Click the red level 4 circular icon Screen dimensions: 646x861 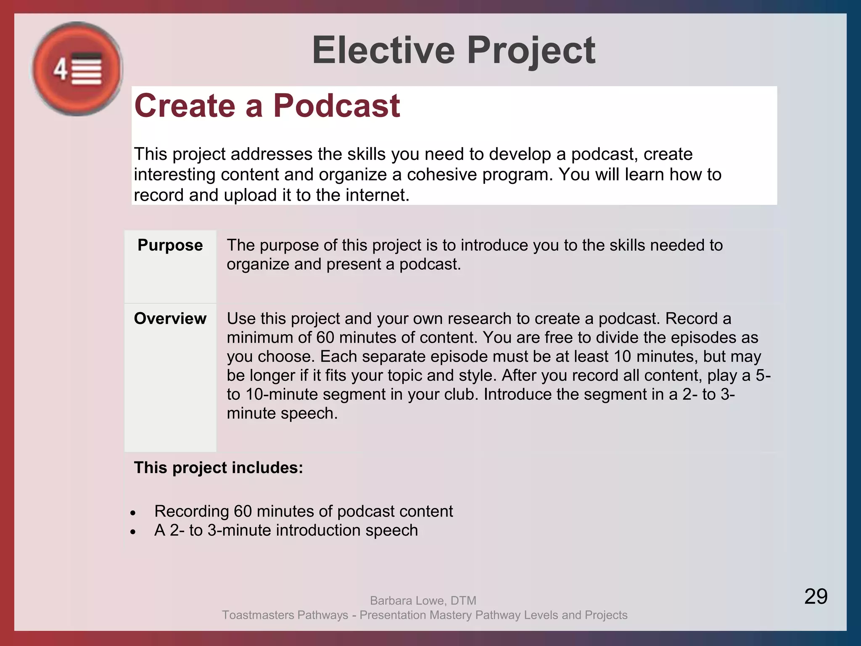[77, 69]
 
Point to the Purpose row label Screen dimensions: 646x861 [170, 245]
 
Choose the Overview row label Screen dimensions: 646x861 [170, 319]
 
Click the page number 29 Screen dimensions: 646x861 [816, 596]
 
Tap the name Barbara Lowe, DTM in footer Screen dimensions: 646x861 [423, 601]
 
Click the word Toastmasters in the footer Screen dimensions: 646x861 [259, 615]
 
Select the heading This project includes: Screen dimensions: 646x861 [218, 468]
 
